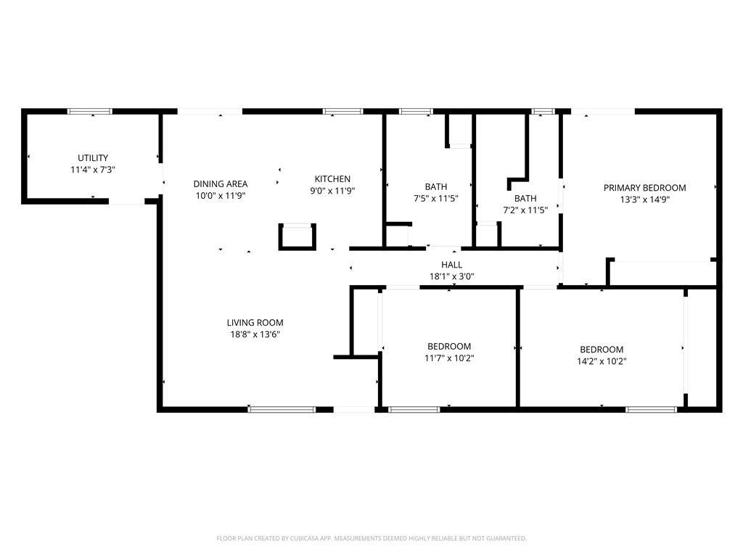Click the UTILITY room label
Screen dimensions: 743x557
coord(93,157)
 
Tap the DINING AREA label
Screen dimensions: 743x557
coord(221,183)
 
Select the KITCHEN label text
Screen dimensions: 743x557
coord(332,179)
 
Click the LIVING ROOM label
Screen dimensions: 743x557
coord(255,323)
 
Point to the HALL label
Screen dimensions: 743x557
coord(451,265)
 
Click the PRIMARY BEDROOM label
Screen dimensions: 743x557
coord(644,188)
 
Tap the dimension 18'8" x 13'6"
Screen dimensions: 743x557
coord(255,334)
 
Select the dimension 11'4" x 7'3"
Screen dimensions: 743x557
coord(93,170)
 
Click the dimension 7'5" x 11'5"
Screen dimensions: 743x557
coord(436,199)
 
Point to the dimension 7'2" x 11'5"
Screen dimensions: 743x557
coord(525,210)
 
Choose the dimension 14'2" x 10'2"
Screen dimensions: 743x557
coord(602,361)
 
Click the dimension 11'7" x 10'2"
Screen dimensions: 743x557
coord(449,358)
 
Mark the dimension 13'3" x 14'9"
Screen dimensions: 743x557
coord(644,199)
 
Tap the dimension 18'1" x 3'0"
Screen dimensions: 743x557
coord(451,276)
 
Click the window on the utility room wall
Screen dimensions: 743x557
coord(90,111)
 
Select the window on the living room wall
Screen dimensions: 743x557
coord(282,409)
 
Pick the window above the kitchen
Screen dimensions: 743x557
coord(343,111)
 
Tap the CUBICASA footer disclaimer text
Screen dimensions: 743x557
coord(371,538)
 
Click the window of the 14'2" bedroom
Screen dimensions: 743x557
coord(651,409)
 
